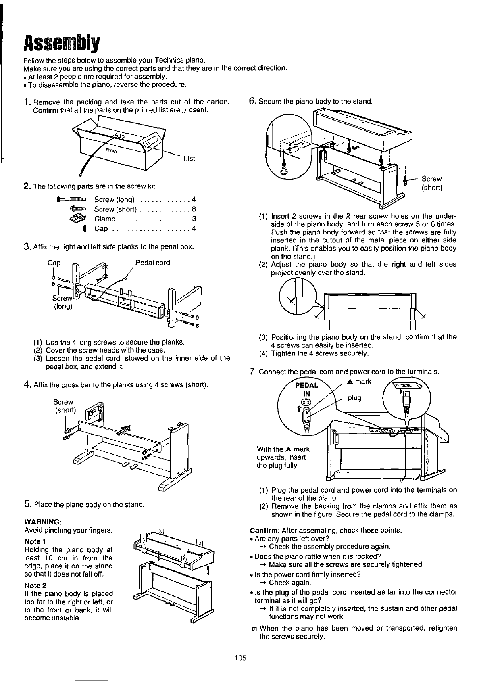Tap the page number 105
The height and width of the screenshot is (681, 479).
click(x=240, y=658)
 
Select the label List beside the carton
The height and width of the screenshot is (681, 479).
click(x=189, y=159)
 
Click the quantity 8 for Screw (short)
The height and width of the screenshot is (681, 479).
click(x=194, y=209)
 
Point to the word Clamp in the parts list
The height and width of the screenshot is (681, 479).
click(x=105, y=219)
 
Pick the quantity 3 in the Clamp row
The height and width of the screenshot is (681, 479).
click(x=194, y=219)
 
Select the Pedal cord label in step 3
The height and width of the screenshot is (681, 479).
click(x=152, y=263)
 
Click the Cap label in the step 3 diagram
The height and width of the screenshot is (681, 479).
click(x=54, y=263)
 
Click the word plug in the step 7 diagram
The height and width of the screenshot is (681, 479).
click(x=355, y=398)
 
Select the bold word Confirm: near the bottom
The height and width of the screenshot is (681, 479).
click(x=265, y=530)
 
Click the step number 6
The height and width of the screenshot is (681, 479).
click(x=253, y=101)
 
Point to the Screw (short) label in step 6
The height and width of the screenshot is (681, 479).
click(x=431, y=183)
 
